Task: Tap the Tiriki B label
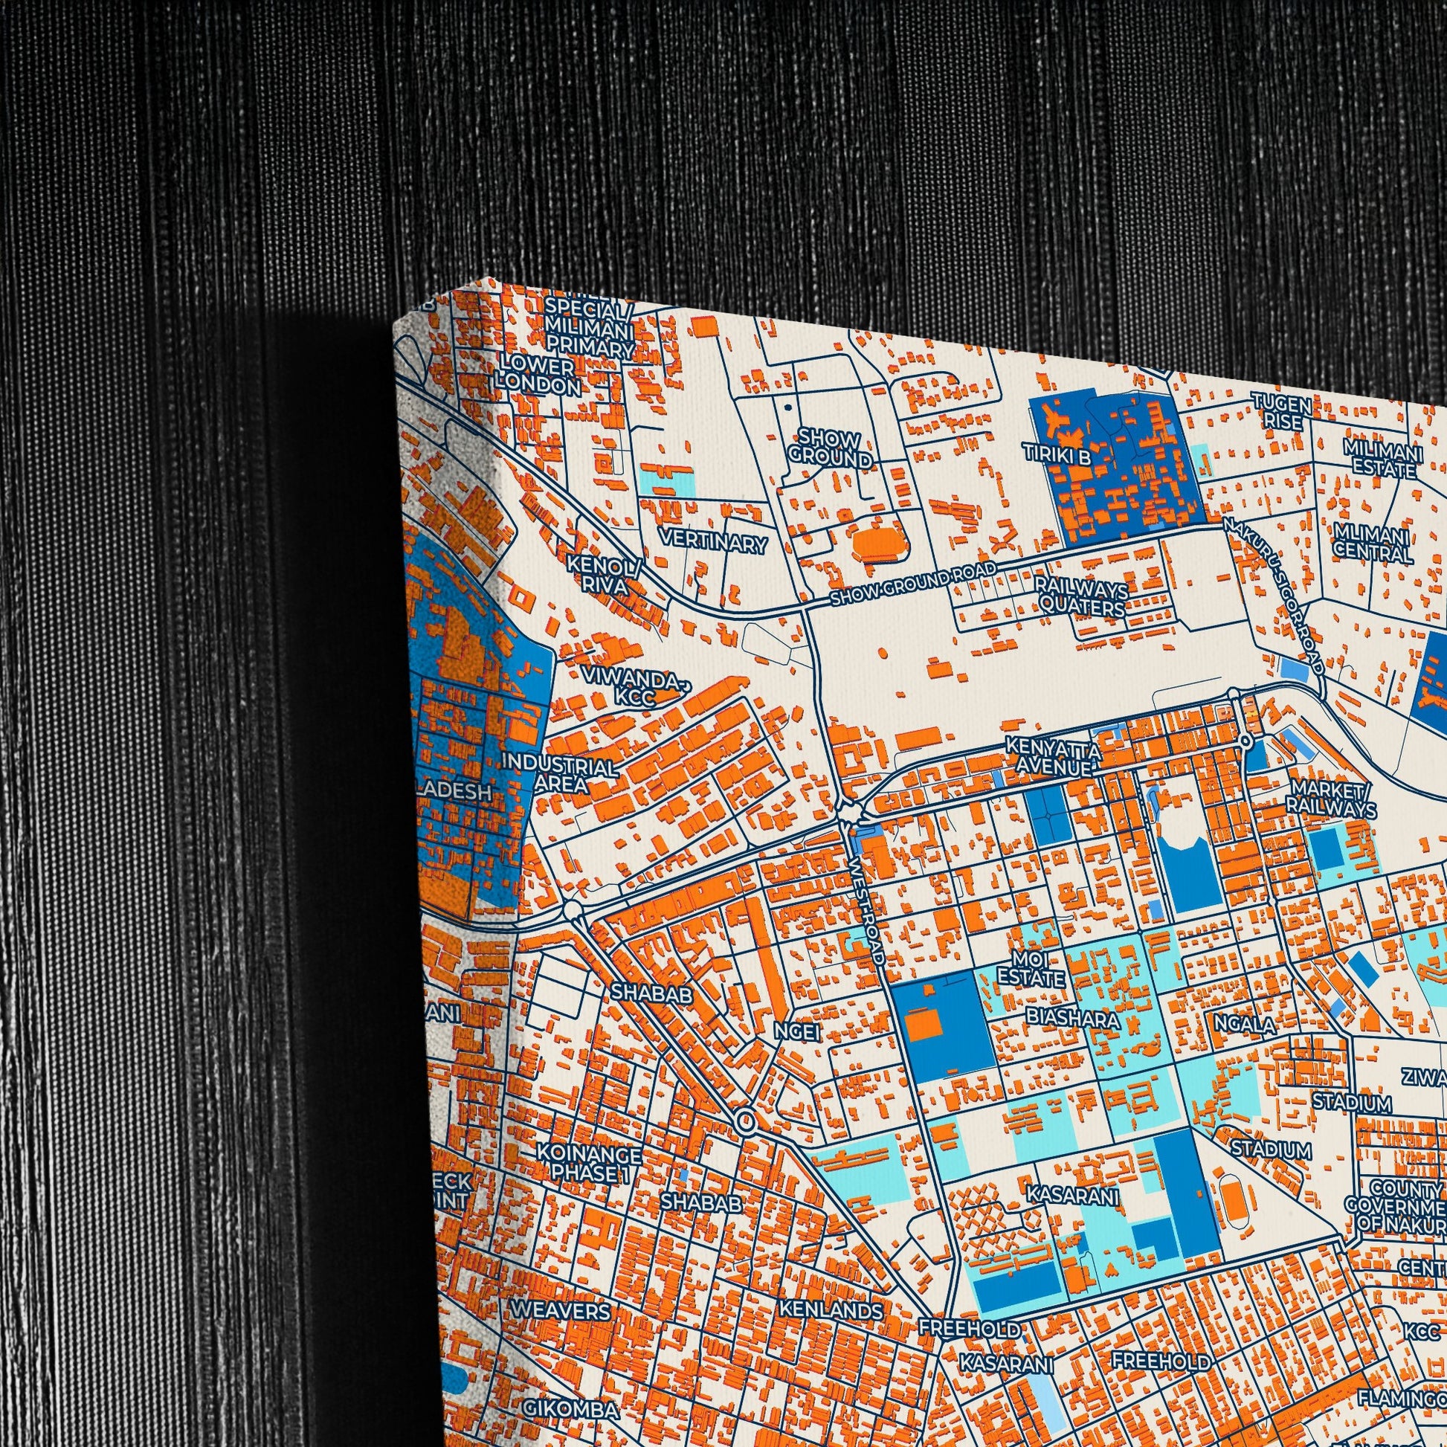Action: coord(1058,454)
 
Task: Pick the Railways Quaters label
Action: coord(1080,596)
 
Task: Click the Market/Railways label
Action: coord(1331,799)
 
